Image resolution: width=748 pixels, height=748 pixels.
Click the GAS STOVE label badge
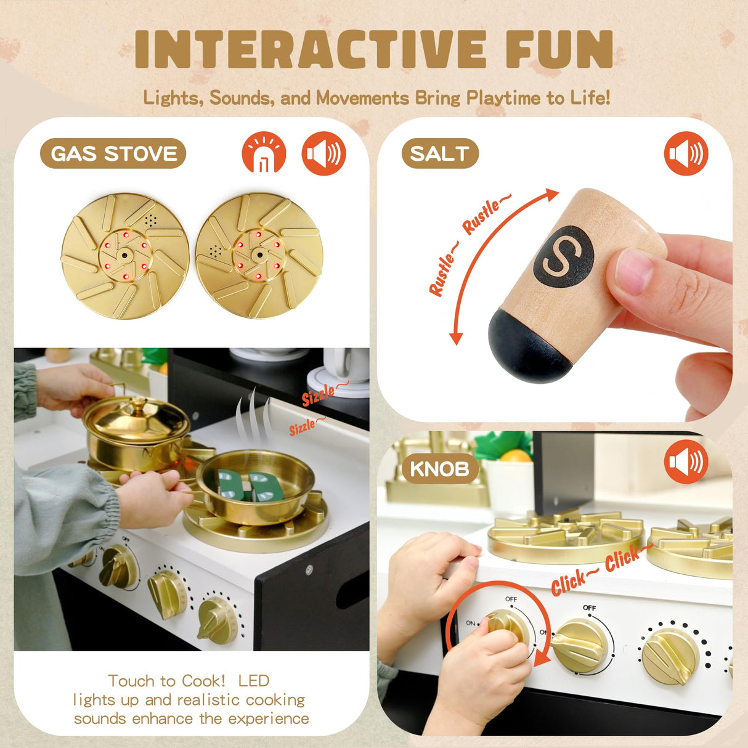pos(113,153)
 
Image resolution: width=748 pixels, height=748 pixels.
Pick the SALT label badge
pos(440,153)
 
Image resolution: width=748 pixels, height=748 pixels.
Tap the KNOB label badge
pos(439,469)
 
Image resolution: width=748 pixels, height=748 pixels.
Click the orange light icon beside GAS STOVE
pos(264,153)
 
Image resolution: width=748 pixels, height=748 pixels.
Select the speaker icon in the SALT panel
pos(686,153)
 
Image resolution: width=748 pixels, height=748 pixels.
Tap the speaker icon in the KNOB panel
pos(686,461)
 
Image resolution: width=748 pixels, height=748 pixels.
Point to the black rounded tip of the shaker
pos(529,345)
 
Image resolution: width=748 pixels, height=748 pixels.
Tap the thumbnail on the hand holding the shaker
pos(633,271)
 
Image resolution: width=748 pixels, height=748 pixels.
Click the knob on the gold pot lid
pos(137,404)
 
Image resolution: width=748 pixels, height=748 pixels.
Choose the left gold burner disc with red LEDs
pos(125,256)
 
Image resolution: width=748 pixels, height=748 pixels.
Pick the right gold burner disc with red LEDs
pos(259,255)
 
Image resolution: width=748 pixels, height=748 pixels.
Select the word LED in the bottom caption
pos(253,681)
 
